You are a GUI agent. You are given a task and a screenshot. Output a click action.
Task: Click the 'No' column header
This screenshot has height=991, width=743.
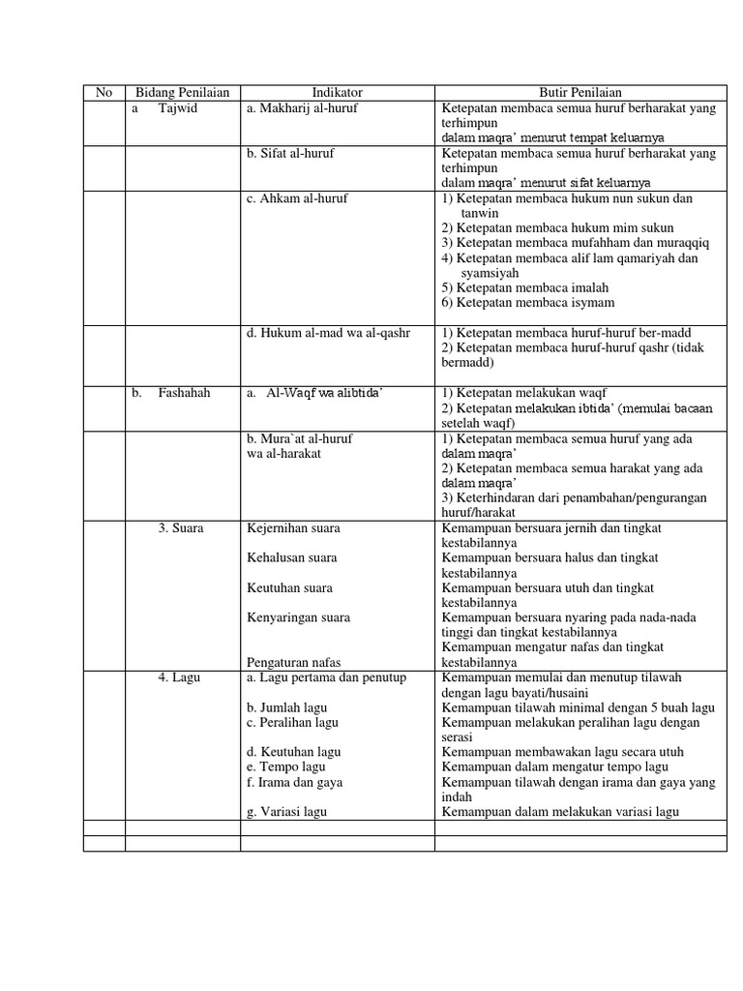pos(104,93)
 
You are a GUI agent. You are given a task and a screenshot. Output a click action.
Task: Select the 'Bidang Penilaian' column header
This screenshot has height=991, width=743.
pos(183,93)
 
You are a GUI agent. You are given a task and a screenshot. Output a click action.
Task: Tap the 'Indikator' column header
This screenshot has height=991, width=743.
pos(338,93)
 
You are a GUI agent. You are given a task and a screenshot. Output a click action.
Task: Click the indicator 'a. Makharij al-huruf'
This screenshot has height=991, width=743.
pos(302,108)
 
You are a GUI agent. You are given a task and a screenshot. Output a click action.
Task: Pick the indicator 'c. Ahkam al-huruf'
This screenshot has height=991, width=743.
pos(297,198)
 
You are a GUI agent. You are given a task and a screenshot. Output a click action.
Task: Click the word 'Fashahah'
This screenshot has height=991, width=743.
pos(184,393)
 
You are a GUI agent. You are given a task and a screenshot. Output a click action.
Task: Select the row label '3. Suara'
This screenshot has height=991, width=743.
pos(181,528)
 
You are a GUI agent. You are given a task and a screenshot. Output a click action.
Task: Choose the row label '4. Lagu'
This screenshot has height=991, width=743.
pos(179,677)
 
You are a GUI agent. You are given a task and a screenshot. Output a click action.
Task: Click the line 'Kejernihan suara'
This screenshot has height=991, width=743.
pos(293,528)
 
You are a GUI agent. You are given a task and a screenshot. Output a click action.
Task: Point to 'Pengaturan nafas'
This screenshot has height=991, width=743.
pos(295,662)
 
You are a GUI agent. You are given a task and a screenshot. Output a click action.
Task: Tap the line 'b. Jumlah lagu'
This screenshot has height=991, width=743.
pos(287,707)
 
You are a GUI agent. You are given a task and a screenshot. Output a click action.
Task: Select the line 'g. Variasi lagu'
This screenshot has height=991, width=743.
pos(286,812)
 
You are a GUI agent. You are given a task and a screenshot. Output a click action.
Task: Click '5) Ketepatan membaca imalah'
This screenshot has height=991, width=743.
pos(525,287)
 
